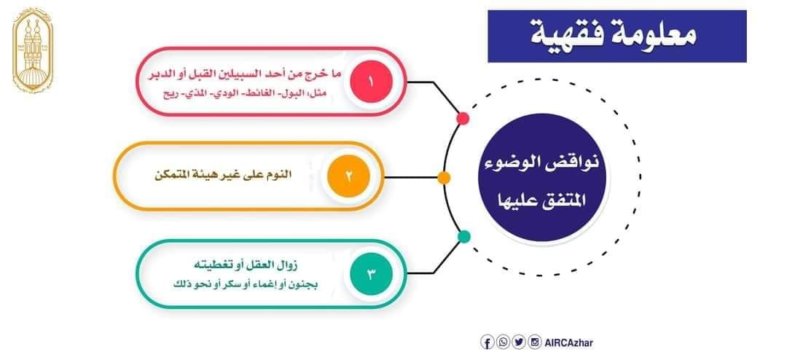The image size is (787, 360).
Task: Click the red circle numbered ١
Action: click(x=371, y=82)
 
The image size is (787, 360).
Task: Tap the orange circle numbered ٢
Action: click(x=348, y=176)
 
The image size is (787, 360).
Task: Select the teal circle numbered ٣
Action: click(x=371, y=274)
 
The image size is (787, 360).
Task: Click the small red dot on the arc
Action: click(x=463, y=119)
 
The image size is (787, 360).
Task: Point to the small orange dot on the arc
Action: click(x=444, y=177)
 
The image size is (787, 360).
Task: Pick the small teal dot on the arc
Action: click(x=464, y=236)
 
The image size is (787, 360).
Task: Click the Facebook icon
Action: click(x=487, y=343)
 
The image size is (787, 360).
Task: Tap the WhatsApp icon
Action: click(x=502, y=343)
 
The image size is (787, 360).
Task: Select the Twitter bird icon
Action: click(x=519, y=343)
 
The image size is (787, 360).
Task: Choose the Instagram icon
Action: click(x=535, y=343)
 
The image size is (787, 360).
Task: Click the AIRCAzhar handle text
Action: click(x=568, y=343)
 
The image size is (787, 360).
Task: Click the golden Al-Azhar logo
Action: click(x=32, y=51)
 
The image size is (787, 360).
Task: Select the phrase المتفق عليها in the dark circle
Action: click(x=542, y=201)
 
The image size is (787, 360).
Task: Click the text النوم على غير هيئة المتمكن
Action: click(x=222, y=176)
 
